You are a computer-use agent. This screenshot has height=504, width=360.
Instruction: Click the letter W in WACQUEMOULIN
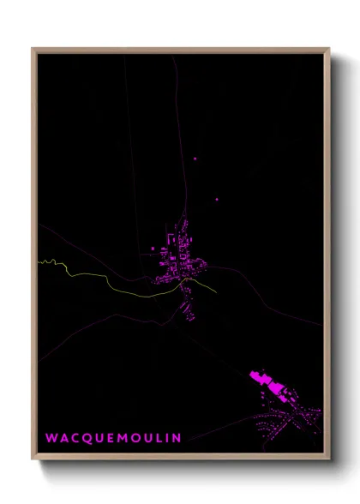pyautogui.click(x=51, y=438)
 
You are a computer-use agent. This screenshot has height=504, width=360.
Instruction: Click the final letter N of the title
pyautogui.click(x=177, y=438)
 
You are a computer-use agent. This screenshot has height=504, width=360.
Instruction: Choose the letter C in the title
pyautogui.click(x=74, y=438)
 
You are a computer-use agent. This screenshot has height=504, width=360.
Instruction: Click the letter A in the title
pyautogui.click(x=63, y=438)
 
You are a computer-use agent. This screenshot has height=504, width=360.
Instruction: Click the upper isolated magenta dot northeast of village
pyautogui.click(x=195, y=159)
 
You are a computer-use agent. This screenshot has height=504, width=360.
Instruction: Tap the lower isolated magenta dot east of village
pyautogui.click(x=216, y=200)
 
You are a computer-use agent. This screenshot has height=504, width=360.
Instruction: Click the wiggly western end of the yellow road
pyautogui.click(x=48, y=261)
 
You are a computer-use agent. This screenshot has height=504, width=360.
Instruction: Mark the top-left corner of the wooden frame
pyautogui.click(x=33, y=50)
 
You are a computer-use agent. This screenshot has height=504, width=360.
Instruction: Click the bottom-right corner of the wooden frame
pyautogui.click(x=328, y=458)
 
